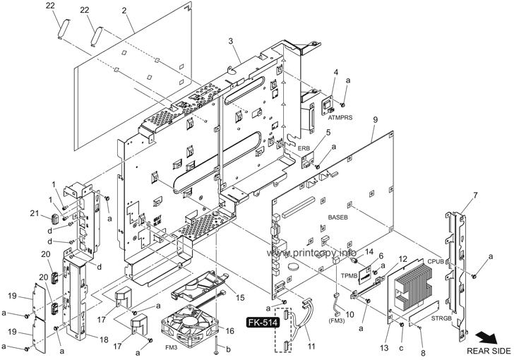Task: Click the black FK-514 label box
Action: (263, 323)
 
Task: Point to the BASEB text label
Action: (337, 217)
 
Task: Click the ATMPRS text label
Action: (340, 117)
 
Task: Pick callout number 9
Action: (376, 120)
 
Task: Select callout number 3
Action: (231, 41)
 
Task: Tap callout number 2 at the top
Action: (124, 10)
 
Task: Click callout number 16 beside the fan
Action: (230, 331)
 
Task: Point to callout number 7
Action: (475, 196)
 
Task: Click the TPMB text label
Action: (349, 276)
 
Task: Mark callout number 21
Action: (35, 213)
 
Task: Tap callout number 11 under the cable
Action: (311, 346)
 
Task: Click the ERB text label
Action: (304, 148)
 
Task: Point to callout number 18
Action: (104, 340)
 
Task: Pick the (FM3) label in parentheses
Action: (335, 321)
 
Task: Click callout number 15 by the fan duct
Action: (240, 297)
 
